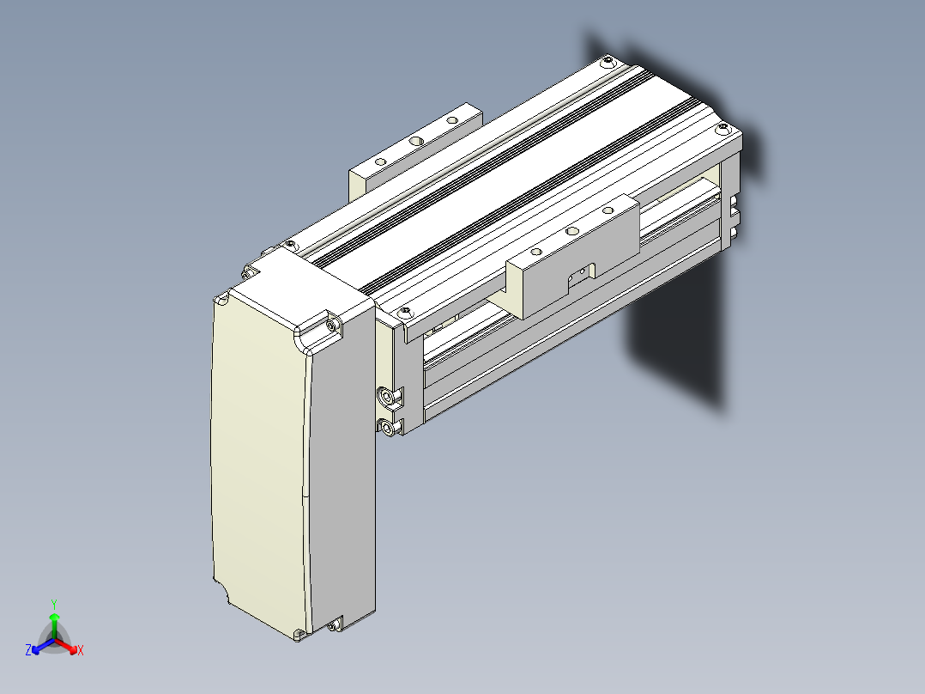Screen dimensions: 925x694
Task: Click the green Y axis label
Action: pyautogui.click(x=54, y=604)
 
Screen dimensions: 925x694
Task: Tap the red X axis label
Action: pyautogui.click(x=81, y=650)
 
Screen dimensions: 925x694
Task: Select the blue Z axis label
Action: pyautogui.click(x=28, y=650)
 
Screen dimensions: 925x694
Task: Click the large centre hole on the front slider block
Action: pyautogui.click(x=571, y=231)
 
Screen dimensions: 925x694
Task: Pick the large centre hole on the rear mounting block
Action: pyautogui.click(x=416, y=141)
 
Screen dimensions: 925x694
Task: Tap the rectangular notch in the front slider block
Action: pyautogui.click(x=581, y=277)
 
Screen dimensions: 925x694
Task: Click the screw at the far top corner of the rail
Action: pyautogui.click(x=607, y=60)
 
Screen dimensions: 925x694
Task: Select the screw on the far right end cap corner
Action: pyautogui.click(x=722, y=128)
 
